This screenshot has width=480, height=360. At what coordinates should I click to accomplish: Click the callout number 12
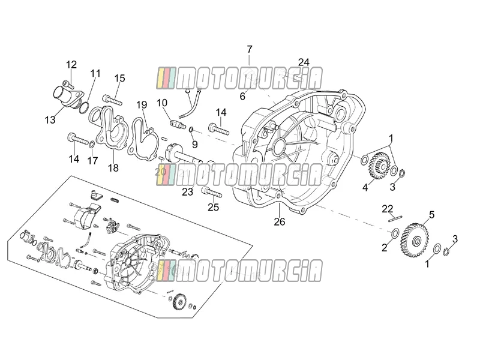[x=71, y=65]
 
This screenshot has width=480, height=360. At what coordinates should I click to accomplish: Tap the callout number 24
[x=304, y=62]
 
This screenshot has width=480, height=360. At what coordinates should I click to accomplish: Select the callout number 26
[x=280, y=221]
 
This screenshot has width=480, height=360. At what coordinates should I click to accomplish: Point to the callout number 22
[x=387, y=209]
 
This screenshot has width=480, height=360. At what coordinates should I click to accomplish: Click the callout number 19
[x=142, y=104]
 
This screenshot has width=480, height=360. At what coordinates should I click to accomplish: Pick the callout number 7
[x=250, y=49]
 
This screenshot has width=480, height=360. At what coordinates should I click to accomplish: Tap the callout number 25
[x=214, y=207]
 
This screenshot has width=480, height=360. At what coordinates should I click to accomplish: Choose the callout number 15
[x=120, y=79]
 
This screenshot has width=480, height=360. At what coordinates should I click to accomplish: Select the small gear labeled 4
[x=379, y=166]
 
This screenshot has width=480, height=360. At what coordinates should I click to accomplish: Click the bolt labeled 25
[x=212, y=193]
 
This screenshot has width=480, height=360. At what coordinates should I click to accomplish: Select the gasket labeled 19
[x=143, y=138]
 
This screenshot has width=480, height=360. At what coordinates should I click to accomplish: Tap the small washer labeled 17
[x=92, y=143]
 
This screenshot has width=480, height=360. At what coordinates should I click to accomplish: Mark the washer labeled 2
[x=395, y=233]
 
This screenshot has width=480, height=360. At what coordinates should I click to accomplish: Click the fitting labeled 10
[x=178, y=124]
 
